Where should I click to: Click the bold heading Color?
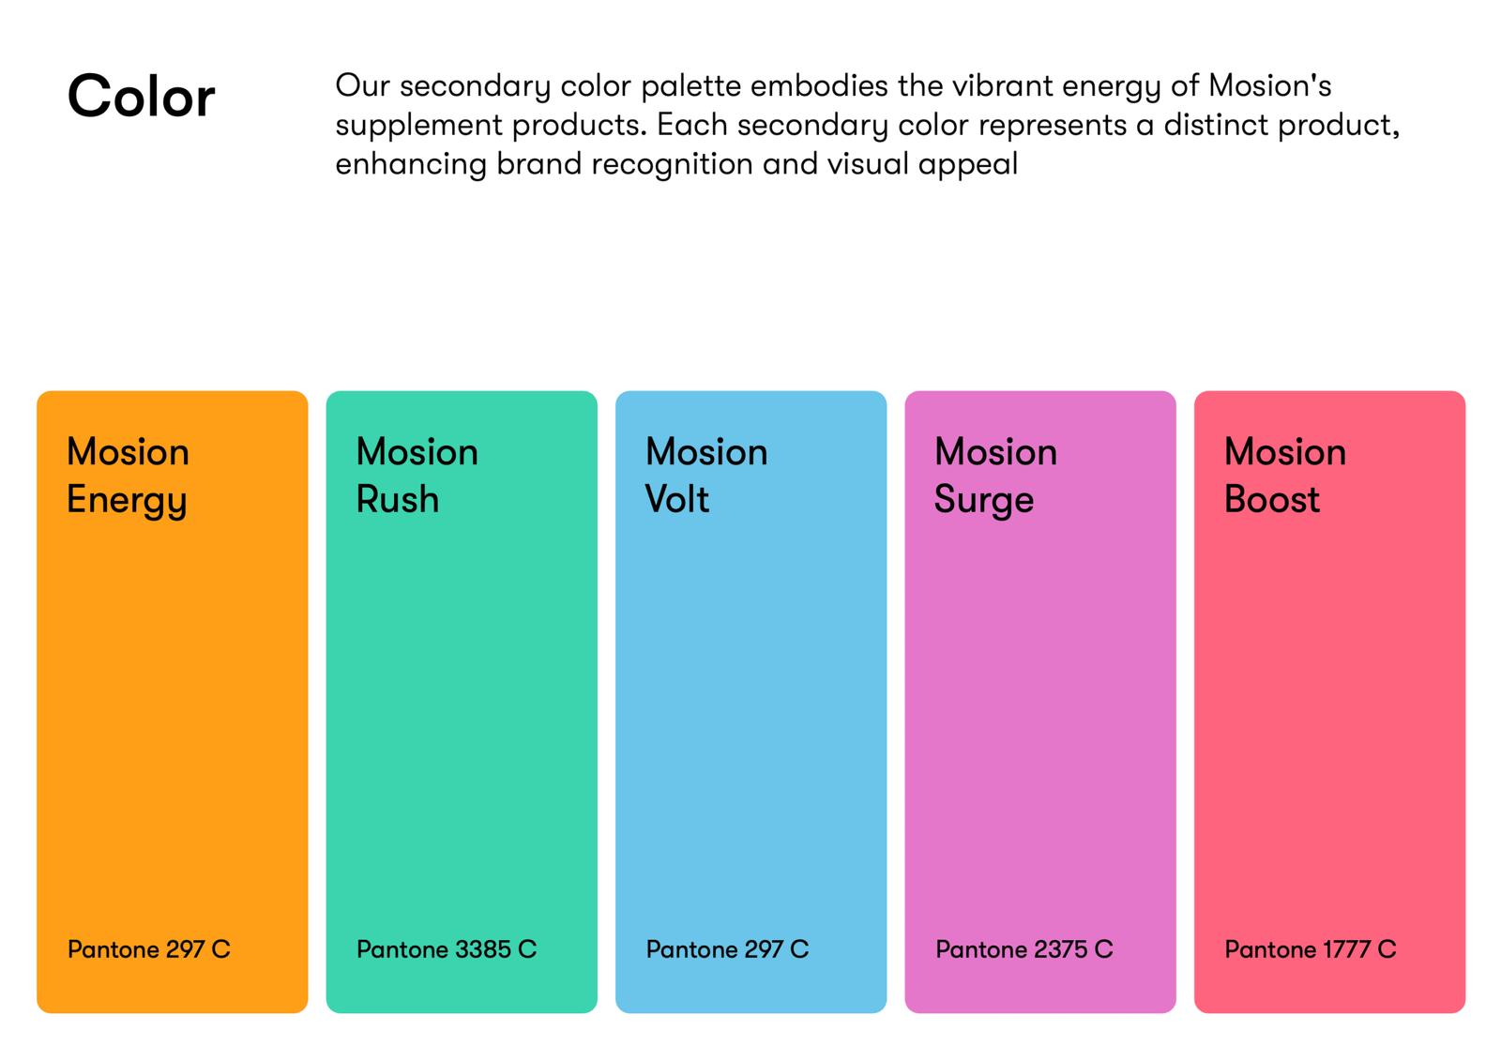tap(142, 96)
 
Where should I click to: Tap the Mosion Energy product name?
tap(128, 477)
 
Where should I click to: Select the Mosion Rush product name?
tap(417, 475)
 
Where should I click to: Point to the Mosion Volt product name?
tap(706, 475)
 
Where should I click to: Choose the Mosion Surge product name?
tap(995, 477)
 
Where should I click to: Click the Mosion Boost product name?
tap(1285, 475)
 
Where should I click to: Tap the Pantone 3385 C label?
tap(447, 949)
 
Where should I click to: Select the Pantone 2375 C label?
tap(1024, 949)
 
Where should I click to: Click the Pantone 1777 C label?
tap(1311, 949)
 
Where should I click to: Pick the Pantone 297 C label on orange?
tap(149, 949)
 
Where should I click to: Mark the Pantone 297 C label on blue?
tap(728, 949)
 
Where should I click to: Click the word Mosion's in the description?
tap(1270, 85)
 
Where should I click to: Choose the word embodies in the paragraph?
tap(820, 85)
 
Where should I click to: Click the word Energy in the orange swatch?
tap(127, 501)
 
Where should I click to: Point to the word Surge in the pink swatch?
tap(984, 501)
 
